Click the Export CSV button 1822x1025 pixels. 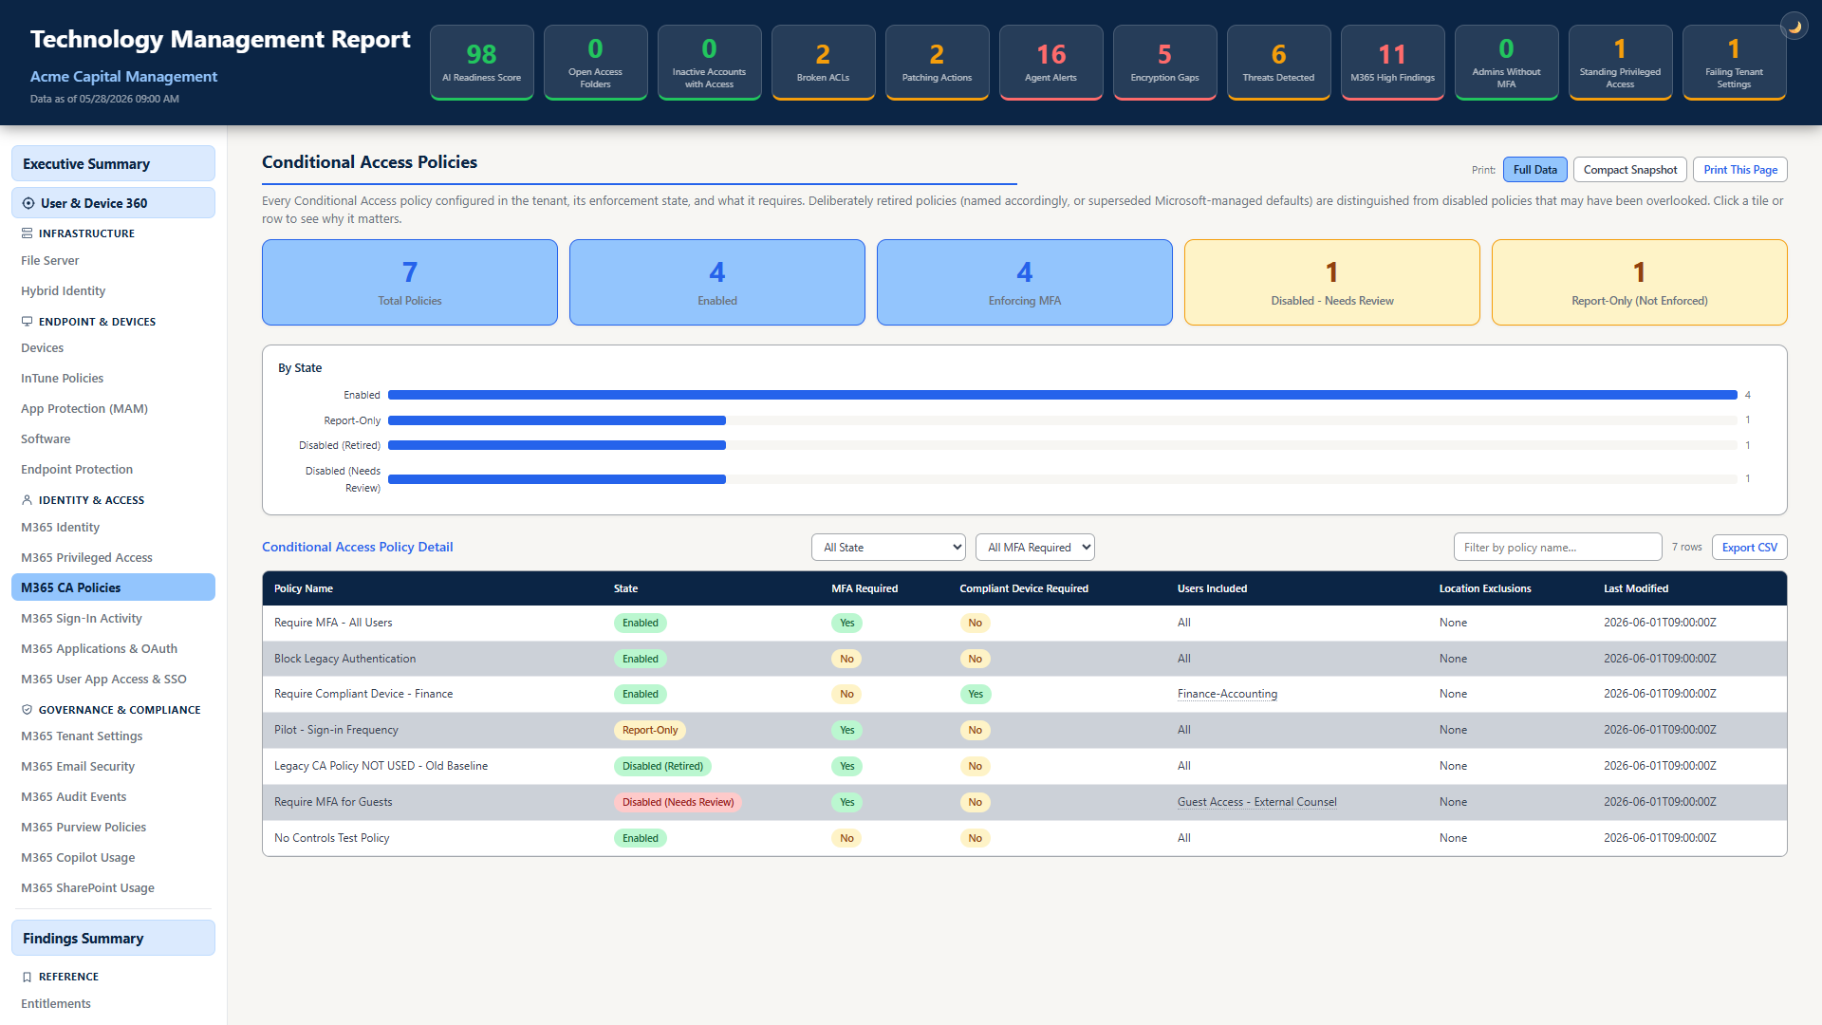tap(1749, 548)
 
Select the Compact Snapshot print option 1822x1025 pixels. tap(1629, 170)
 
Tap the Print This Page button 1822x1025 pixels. tap(1739, 170)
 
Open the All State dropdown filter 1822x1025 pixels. tap(888, 548)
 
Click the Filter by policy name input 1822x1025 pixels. tap(1557, 548)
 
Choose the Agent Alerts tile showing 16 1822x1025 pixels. tap(1050, 62)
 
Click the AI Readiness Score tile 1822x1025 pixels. tap(481, 62)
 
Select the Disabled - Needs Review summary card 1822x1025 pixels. tap(1331, 283)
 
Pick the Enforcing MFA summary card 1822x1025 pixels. tap(1024, 283)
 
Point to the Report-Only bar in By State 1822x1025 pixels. tap(557, 420)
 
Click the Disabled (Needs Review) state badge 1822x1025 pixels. tap(678, 802)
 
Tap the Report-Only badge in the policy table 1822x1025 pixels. tap(650, 730)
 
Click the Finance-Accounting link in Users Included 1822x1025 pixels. tap(1227, 694)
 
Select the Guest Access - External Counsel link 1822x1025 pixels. tap(1256, 802)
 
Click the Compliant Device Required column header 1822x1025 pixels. tap(1024, 588)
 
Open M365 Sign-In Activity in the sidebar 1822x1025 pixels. tap(82, 618)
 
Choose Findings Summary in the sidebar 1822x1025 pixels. tap(113, 938)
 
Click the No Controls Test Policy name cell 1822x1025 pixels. tap(332, 838)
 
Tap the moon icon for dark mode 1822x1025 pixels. tap(1794, 27)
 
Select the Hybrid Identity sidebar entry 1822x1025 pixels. tap(64, 290)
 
